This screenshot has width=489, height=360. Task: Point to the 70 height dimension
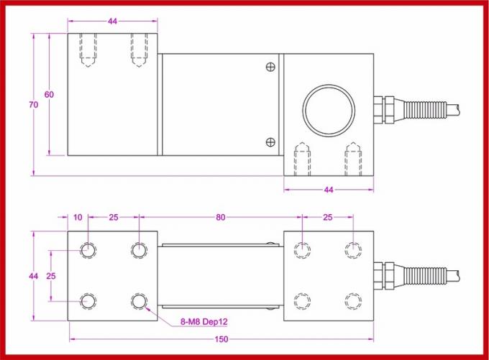coord(32,104)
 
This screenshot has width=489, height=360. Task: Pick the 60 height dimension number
coord(49,95)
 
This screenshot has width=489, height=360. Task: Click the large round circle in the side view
coord(329,109)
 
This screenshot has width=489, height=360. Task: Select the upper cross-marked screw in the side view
coord(270,68)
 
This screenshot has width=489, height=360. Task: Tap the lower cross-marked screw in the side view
coord(270,141)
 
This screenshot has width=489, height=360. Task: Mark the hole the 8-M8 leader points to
coord(138,301)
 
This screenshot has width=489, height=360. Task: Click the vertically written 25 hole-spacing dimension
coord(51,276)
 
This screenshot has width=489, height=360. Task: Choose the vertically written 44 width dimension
coord(32,276)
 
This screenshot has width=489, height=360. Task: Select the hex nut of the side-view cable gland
coord(380,109)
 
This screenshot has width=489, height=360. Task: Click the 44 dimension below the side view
coord(329,190)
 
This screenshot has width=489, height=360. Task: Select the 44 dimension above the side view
coord(112,22)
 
